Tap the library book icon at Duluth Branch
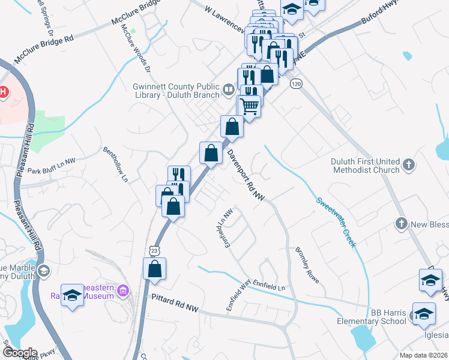[x=228, y=91]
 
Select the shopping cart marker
[x=250, y=106]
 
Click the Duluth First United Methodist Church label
[x=366, y=166]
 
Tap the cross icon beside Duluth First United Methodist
[x=409, y=165]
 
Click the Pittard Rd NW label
[x=175, y=308]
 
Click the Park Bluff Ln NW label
[x=52, y=162]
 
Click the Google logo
[x=19, y=353]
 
